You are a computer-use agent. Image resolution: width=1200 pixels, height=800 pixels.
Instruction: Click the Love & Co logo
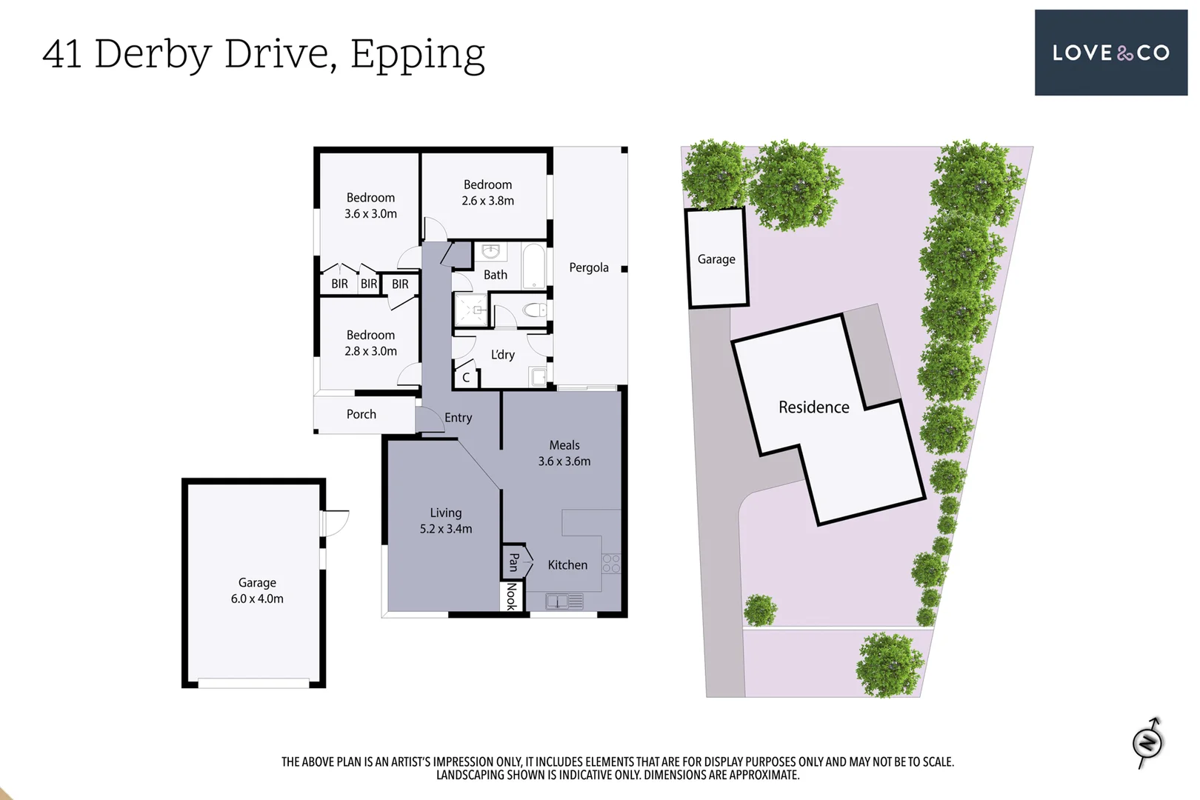[1111, 53]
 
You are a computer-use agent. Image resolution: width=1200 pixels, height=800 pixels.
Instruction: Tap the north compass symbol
[1148, 743]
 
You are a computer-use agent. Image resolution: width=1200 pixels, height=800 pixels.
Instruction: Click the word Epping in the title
[418, 56]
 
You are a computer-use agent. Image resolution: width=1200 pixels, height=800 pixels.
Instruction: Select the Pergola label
[589, 267]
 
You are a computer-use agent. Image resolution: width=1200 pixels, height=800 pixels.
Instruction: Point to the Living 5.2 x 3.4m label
[446, 521]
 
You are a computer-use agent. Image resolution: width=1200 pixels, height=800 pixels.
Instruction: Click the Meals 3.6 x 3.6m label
[564, 453]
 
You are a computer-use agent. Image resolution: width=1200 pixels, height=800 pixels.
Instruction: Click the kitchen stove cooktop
[611, 564]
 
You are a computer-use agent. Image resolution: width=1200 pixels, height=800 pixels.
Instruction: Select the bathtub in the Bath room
[533, 267]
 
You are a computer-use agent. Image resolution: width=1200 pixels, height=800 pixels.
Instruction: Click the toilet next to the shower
[535, 310]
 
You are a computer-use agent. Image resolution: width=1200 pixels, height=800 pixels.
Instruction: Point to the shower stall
[471, 310]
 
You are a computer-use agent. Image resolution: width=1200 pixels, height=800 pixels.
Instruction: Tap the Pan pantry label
[513, 562]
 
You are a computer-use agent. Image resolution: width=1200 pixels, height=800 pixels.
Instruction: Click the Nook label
[511, 596]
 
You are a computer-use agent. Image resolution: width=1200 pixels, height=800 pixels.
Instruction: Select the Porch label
[361, 414]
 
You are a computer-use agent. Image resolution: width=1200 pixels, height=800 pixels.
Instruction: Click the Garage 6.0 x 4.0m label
[257, 590]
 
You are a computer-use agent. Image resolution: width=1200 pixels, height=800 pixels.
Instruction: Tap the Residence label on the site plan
[814, 407]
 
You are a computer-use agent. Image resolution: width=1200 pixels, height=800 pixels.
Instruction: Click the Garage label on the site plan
[716, 259]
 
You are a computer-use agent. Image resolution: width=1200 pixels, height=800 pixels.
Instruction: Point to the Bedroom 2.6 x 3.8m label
[487, 193]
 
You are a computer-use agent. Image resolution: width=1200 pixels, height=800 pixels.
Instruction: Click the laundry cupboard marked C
[465, 377]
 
